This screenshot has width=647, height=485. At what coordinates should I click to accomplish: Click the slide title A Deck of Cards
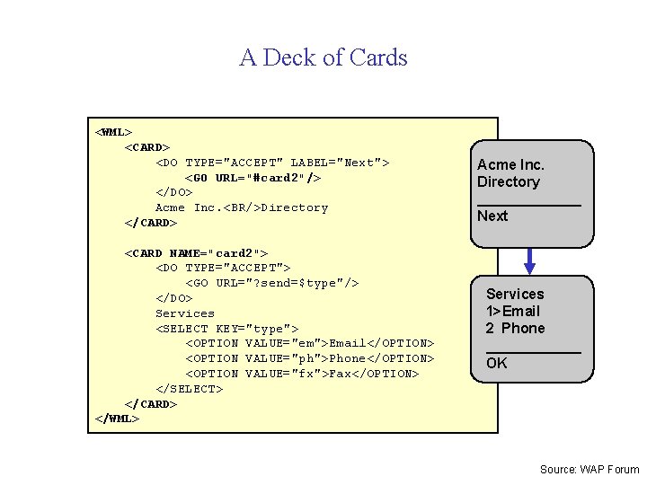point(323,57)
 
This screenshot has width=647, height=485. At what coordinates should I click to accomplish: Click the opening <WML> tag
point(113,132)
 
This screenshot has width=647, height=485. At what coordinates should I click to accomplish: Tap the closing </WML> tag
point(117,419)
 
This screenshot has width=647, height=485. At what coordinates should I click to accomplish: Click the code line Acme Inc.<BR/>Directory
point(242,207)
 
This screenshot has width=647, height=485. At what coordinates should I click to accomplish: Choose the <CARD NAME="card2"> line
point(196,253)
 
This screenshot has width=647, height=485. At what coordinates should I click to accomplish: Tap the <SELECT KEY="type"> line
point(227,329)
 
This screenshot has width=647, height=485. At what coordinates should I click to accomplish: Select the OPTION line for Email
point(310,344)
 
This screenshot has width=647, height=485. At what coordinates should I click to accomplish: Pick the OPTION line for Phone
point(310,358)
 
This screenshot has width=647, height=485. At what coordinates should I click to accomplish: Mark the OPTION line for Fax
point(302,374)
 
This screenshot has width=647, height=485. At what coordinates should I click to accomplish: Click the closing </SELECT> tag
point(190,389)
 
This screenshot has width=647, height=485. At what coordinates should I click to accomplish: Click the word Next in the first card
point(492,216)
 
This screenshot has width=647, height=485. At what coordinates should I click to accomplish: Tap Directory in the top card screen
point(509,181)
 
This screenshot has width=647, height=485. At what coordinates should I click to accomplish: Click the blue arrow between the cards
point(530,260)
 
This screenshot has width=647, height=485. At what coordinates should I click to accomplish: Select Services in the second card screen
point(515,294)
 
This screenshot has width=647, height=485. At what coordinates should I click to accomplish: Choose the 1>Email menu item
point(513,311)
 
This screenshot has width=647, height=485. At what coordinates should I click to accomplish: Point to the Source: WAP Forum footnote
point(589,470)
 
